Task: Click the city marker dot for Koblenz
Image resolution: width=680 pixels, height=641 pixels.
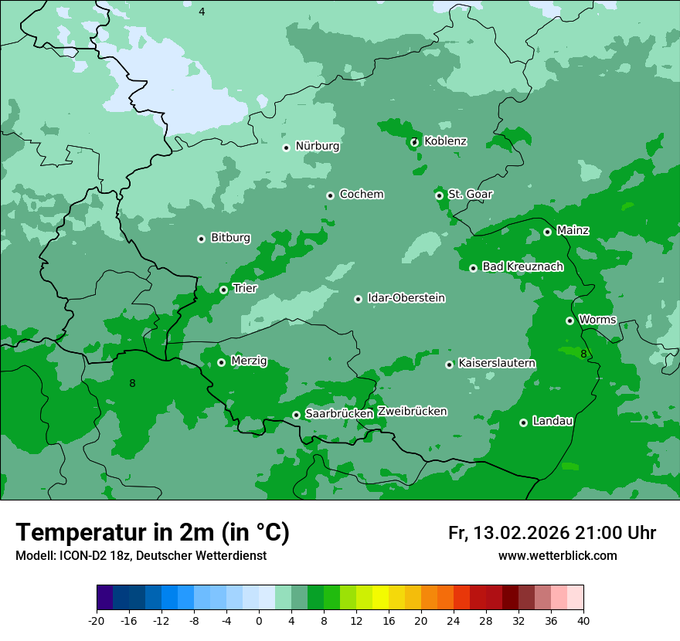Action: tap(414, 141)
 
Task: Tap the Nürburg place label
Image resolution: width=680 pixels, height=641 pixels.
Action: tap(318, 146)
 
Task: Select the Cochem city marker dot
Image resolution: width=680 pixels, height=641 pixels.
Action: tap(330, 195)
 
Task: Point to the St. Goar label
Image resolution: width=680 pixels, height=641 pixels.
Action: tap(470, 194)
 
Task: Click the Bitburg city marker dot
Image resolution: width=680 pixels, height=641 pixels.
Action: tap(201, 239)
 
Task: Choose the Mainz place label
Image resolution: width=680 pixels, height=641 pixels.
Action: tap(573, 230)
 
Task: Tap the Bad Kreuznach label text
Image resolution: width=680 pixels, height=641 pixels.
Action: tap(522, 266)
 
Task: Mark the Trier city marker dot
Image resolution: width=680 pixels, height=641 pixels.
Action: tap(223, 290)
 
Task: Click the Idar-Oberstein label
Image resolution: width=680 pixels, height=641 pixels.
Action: tap(406, 297)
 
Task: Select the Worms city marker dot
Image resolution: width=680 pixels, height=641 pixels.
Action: tap(569, 320)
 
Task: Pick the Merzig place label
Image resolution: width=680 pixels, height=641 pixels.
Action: tap(249, 361)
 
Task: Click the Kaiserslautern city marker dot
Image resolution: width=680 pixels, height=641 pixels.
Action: tap(449, 365)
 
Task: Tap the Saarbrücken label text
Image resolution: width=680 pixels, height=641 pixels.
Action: tap(339, 414)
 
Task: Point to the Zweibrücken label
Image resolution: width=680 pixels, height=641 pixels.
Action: tap(412, 411)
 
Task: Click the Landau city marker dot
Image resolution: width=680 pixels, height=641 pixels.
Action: tap(523, 422)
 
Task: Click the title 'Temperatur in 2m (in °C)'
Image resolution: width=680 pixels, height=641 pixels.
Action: tap(152, 532)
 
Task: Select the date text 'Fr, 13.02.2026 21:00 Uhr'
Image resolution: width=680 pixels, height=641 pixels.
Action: tap(552, 533)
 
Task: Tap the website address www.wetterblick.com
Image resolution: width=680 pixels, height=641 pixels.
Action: tap(557, 556)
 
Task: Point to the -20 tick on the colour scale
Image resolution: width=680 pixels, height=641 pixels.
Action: tap(97, 621)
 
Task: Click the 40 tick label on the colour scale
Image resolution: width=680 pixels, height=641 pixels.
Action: tap(583, 621)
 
